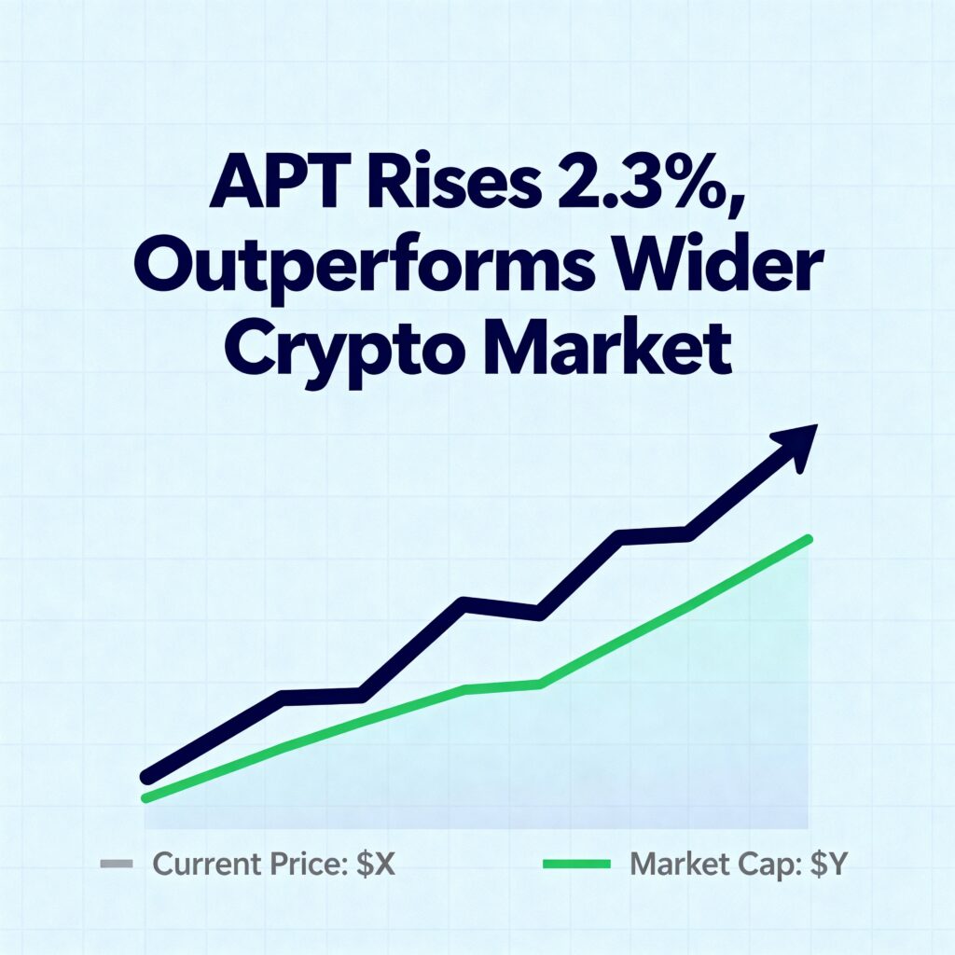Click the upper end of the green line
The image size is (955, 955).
pos(807,539)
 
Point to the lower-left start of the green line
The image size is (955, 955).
pos(145,797)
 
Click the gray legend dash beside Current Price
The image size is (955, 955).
pos(116,865)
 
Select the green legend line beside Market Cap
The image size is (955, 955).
pos(576,865)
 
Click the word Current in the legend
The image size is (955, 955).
pos(205,865)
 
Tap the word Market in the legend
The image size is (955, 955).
pos(677,865)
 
